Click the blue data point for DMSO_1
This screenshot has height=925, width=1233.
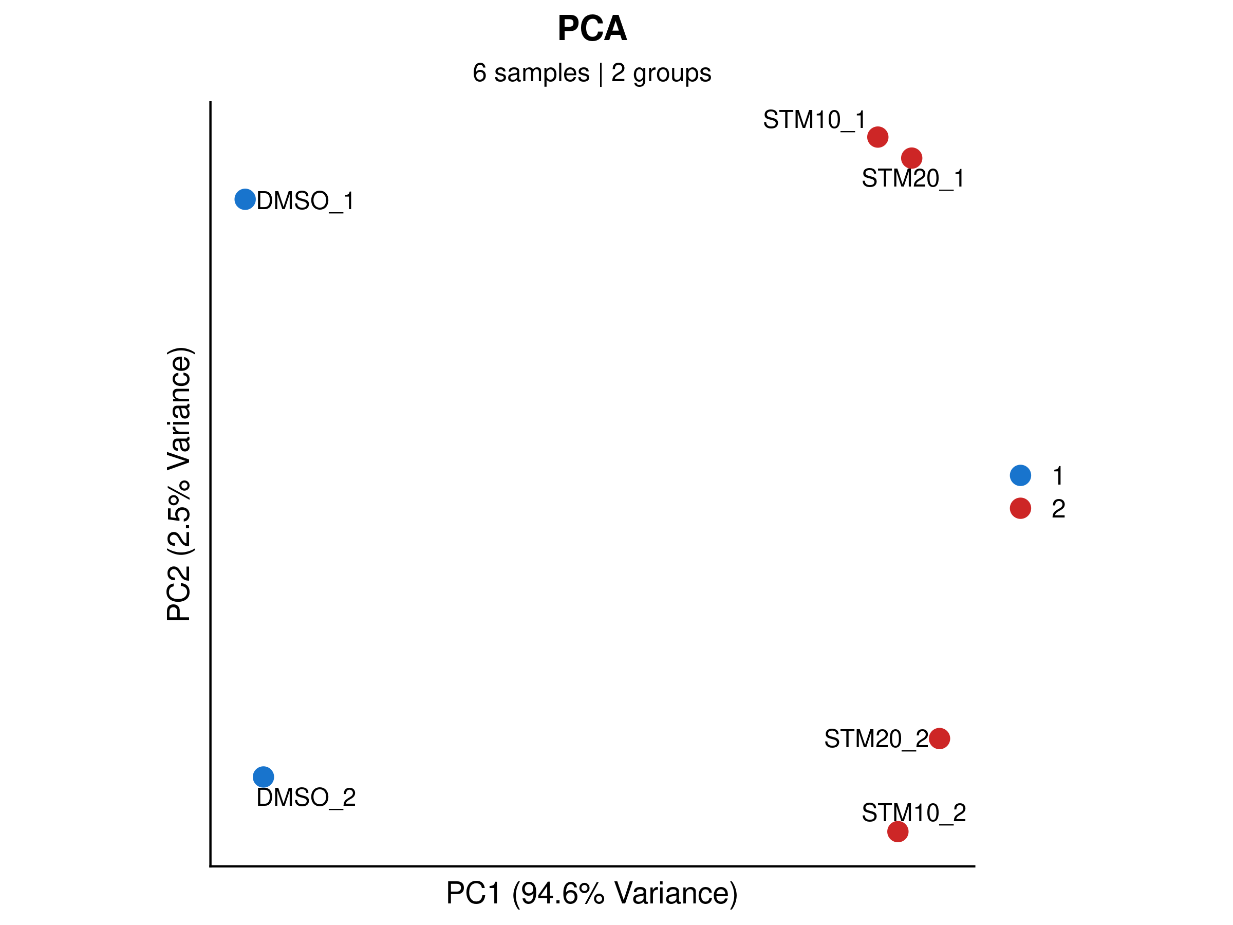(245, 199)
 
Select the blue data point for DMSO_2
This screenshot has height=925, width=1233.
(263, 776)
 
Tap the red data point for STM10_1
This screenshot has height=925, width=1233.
(877, 137)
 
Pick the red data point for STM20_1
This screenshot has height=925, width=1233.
(911, 158)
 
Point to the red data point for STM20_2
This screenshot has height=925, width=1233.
(939, 739)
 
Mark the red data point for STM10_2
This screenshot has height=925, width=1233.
(898, 832)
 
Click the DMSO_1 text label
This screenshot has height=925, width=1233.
(306, 201)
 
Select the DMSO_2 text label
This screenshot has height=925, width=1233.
(306, 798)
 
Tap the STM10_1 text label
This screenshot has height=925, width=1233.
(814, 120)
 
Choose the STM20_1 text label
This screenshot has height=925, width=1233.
(913, 178)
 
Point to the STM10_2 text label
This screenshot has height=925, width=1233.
(913, 813)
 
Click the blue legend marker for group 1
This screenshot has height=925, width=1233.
(1020, 475)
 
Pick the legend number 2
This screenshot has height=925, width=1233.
(1058, 509)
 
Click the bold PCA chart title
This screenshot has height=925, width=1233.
(592, 28)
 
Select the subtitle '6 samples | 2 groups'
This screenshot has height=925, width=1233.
(592, 73)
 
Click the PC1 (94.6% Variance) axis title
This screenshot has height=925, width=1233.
(592, 893)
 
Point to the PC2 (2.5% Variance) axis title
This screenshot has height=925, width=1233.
(179, 484)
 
